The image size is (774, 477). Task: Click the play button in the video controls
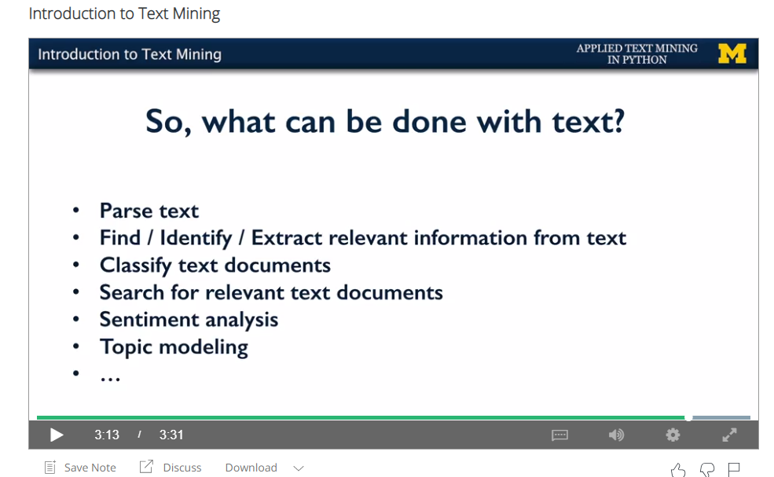(57, 435)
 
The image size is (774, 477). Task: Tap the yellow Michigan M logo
(732, 53)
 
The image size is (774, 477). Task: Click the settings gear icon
(673, 435)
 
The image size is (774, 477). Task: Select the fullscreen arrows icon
(729, 435)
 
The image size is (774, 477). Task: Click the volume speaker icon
(616, 435)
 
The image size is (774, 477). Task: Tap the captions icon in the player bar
(559, 435)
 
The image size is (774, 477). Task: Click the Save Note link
(80, 468)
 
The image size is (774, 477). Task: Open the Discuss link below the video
(171, 467)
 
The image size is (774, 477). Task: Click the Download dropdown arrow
(298, 468)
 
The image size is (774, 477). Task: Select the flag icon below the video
(734, 469)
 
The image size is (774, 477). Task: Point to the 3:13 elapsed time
(107, 435)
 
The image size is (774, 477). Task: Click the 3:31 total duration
(171, 435)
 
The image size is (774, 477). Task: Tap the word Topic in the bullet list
(126, 347)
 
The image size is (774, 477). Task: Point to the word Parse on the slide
(126, 211)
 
